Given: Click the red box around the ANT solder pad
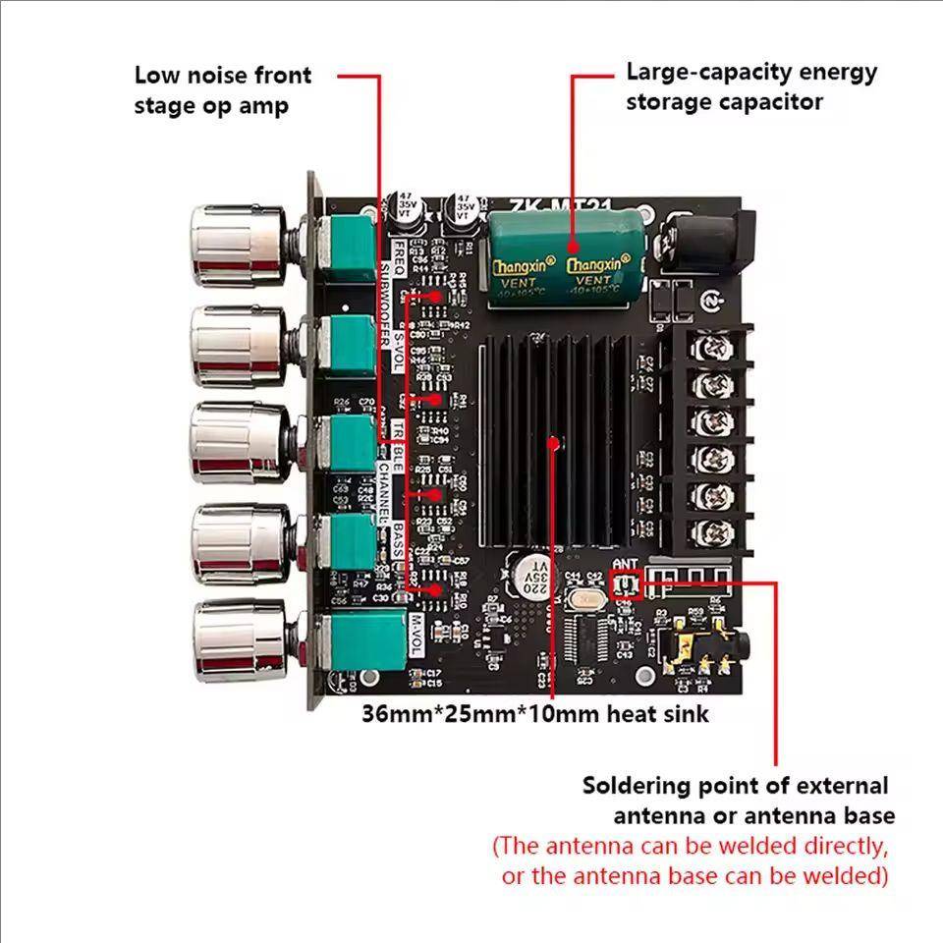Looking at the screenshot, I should tap(625, 586).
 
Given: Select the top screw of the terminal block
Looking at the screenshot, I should tap(707, 347).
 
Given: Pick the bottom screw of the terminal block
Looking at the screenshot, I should tap(707, 533).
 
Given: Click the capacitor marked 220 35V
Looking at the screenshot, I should tap(530, 577).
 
